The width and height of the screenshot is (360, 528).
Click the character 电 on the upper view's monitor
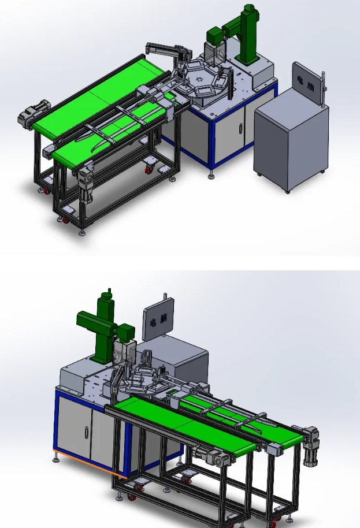coord(300,80)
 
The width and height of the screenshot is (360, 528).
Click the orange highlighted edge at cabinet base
coord(87,462)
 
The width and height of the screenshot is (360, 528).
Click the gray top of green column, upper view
coord(249,10)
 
